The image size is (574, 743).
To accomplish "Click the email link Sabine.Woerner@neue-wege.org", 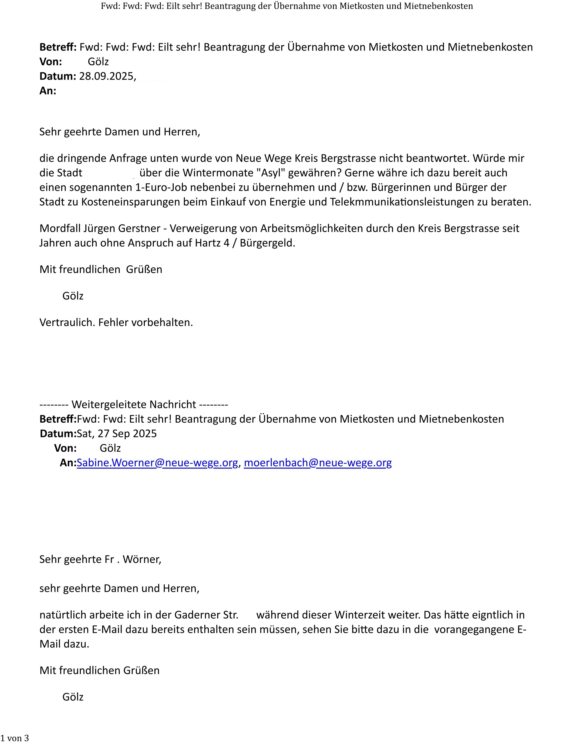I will (x=157, y=463).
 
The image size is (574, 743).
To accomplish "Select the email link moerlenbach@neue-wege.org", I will (x=318, y=463).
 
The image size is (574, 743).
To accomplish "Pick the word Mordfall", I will (x=60, y=228).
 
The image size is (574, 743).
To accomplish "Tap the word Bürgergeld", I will (x=267, y=243).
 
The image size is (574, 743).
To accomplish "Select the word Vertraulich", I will (x=67, y=322).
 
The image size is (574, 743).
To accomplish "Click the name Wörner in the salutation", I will (x=142, y=559).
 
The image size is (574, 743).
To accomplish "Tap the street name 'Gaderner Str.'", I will (x=206, y=615).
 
